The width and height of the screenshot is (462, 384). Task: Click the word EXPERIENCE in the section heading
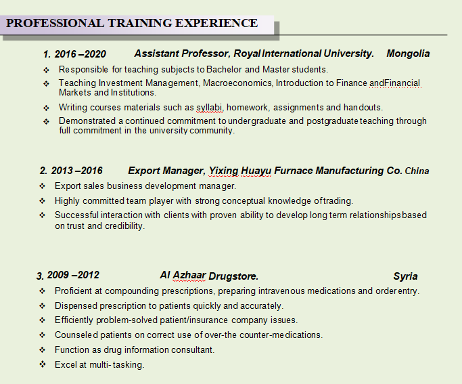tap(216, 23)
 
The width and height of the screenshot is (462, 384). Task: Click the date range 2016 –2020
tap(80, 54)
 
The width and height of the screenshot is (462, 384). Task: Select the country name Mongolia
tap(408, 54)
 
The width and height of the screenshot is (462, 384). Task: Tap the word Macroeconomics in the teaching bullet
tap(237, 83)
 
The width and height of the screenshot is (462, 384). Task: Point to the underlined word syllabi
tap(210, 108)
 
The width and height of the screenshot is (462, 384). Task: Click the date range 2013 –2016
tap(76, 171)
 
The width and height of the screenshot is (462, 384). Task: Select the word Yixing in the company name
tap(223, 171)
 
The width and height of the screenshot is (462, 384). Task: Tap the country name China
tap(417, 171)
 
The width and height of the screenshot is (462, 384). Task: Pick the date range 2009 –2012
tap(73, 275)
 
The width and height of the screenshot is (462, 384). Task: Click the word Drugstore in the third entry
tap(233, 276)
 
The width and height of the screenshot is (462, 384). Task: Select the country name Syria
tap(405, 276)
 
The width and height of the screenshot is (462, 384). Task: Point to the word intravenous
tap(281, 291)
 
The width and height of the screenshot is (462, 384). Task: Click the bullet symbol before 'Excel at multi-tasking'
tap(42, 364)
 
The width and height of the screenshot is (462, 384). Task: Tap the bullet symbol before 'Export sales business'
tap(42, 186)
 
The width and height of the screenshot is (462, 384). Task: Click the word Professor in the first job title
tap(206, 54)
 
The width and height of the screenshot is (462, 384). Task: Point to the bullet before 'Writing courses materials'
tap(46, 108)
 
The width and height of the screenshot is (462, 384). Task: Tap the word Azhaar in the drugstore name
tap(189, 275)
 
